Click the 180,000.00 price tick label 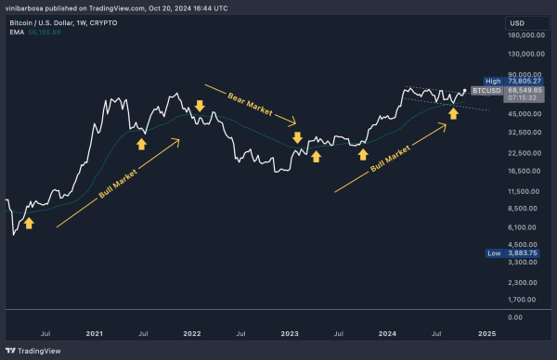[525, 37]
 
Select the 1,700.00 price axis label [525, 299]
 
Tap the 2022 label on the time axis [192, 331]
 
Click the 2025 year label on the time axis [486, 331]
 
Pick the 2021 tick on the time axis [94, 331]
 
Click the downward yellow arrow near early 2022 [199, 106]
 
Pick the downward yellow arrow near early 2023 [297, 138]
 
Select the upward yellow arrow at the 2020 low [29, 224]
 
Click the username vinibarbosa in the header [28, 9]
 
